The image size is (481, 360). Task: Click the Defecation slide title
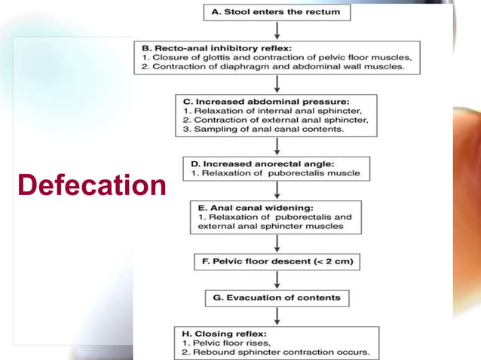tap(91, 185)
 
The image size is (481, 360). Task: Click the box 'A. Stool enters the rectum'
tap(277, 12)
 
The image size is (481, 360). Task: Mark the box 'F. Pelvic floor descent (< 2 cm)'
tap(277, 262)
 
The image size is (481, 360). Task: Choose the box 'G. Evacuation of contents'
tap(277, 297)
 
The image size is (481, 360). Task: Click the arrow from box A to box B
tap(277, 30)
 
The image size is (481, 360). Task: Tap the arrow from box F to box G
tap(277, 279)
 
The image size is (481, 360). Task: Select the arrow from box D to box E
tap(277, 189)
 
